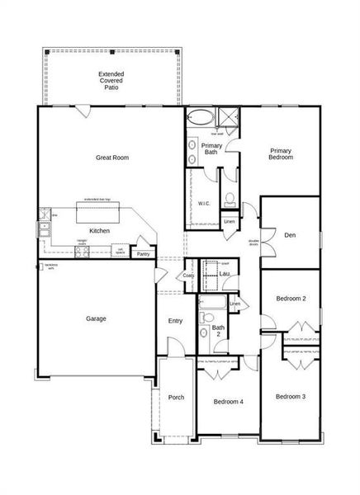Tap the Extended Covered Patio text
(111, 80)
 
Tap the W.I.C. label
(205, 203)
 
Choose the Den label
(289, 234)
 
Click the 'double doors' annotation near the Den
(253, 243)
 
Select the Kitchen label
(100, 231)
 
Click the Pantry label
(144, 254)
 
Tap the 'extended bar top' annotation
(97, 200)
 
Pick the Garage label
(96, 318)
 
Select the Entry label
(175, 321)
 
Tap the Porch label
(176, 398)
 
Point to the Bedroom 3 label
(291, 397)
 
